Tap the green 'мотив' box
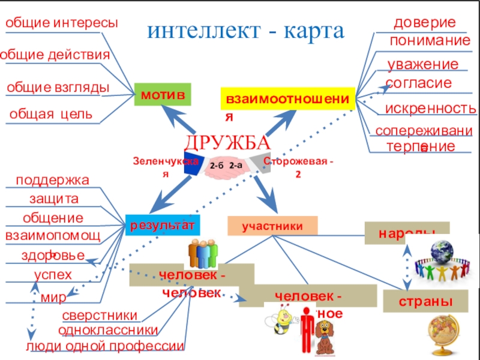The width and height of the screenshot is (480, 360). pyautogui.click(x=162, y=95)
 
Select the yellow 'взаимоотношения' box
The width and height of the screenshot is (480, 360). pyautogui.click(x=288, y=97)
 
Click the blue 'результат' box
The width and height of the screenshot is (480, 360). pyautogui.click(x=161, y=225)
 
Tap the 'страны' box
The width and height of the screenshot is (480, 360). pyautogui.click(x=425, y=301)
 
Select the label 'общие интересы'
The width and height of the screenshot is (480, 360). pyautogui.click(x=62, y=23)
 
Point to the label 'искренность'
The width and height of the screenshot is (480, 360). pyautogui.click(x=431, y=109)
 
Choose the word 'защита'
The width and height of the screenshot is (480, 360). pyautogui.click(x=54, y=199)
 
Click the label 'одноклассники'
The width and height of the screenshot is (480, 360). pyautogui.click(x=108, y=330)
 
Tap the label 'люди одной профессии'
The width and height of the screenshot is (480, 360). pyautogui.click(x=105, y=346)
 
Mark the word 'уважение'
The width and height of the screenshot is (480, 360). pyautogui.click(x=422, y=64)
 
